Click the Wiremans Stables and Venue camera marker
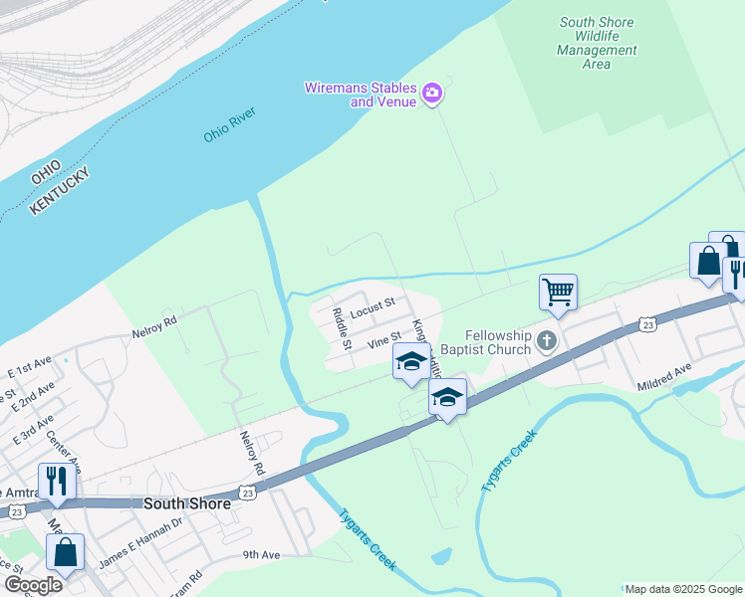pyautogui.click(x=432, y=95)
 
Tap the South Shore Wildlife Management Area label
pyautogui.click(x=597, y=43)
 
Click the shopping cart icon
pyautogui.click(x=558, y=292)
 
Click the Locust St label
pyautogui.click(x=373, y=301)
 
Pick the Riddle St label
pyautogui.click(x=340, y=327)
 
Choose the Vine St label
pyautogui.click(x=382, y=340)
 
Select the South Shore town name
pyautogui.click(x=187, y=503)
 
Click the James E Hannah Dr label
pyautogui.click(x=141, y=536)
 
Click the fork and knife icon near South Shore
pyautogui.click(x=58, y=481)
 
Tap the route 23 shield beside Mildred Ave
pyautogui.click(x=647, y=324)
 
